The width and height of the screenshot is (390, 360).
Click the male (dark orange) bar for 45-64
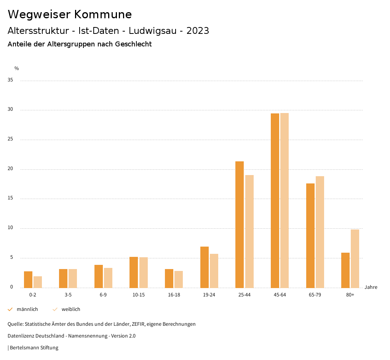[x=275, y=201]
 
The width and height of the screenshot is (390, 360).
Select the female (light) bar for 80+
[x=355, y=259]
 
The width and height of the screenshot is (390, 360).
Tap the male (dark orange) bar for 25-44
[x=240, y=225]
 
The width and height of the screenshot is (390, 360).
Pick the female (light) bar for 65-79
[x=320, y=232]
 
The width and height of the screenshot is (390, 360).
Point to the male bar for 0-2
[x=28, y=280]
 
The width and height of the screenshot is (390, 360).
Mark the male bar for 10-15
[x=134, y=272]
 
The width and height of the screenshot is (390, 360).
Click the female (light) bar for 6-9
[x=108, y=278]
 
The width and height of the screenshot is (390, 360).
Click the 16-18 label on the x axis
[x=174, y=295]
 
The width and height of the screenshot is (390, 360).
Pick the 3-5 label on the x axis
[x=68, y=295]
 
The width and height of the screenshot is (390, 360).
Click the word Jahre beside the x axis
[x=371, y=287]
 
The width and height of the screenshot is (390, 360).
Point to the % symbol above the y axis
[x=16, y=68]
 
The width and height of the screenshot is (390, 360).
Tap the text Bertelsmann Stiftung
[x=34, y=348]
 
